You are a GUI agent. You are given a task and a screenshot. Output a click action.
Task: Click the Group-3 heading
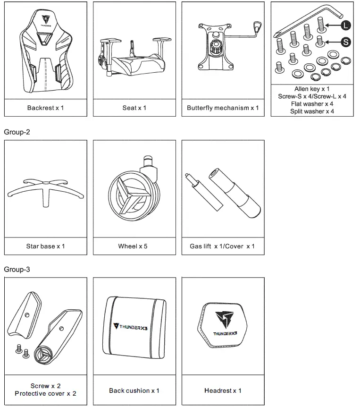coord(17,269)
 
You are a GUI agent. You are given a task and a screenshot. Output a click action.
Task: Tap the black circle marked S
coord(345,42)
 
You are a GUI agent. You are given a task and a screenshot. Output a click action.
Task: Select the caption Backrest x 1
coord(45,108)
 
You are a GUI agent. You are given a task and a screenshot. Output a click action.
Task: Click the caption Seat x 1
coord(134,108)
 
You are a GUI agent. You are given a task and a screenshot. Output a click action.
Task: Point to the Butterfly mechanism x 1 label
coord(223,108)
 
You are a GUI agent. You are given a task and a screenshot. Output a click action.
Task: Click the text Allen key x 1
coord(312,89)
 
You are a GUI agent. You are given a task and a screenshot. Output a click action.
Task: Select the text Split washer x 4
coord(312,111)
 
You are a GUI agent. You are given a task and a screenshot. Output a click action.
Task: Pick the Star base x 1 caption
coord(45,246)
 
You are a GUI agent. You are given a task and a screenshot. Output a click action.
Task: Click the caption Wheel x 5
coord(133,246)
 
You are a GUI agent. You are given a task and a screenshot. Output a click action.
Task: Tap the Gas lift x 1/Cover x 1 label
coord(222,246)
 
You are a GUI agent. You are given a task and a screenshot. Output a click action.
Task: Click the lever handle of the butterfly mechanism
coord(257,27)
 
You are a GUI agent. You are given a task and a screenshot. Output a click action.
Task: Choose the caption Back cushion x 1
coord(134,390)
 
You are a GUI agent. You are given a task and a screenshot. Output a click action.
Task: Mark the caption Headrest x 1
coord(223,390)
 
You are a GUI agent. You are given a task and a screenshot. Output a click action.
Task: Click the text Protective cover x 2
coord(45,393)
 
